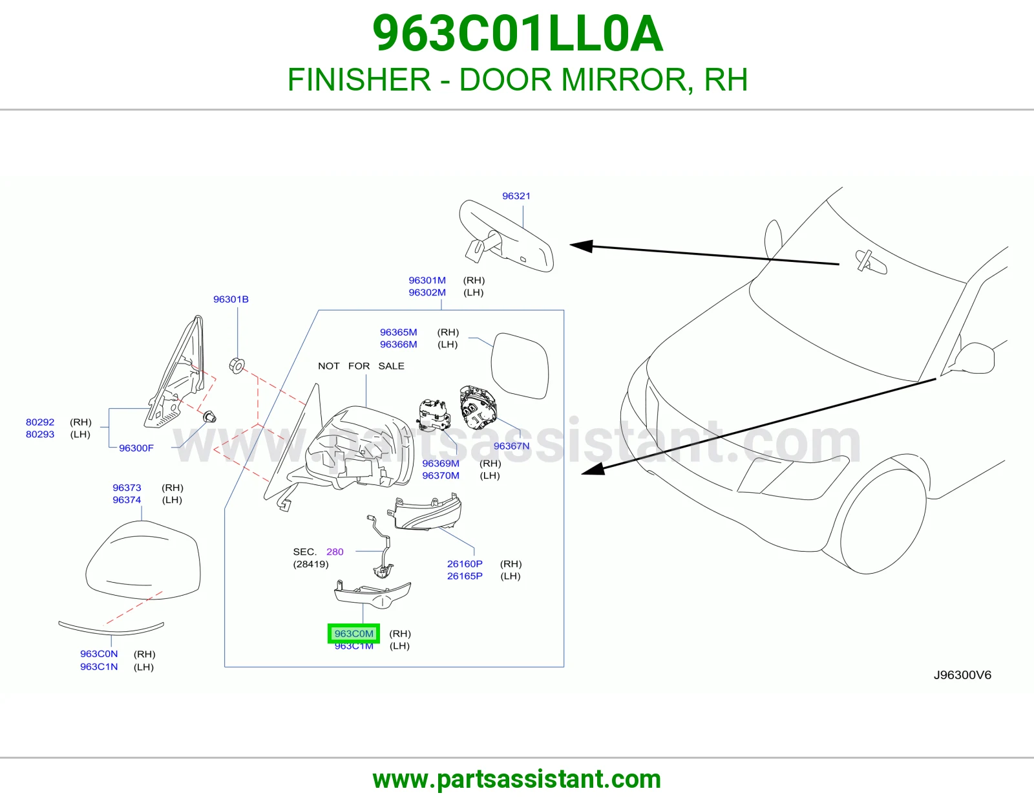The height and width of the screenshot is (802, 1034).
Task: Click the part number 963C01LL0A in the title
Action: click(518, 34)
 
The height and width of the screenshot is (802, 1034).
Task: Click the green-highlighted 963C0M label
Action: click(353, 633)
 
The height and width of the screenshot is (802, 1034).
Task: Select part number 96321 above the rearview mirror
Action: click(516, 196)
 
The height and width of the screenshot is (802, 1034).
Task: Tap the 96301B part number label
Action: click(231, 299)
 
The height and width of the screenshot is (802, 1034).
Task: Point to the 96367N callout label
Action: click(511, 446)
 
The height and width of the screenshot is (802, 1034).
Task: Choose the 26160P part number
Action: click(465, 563)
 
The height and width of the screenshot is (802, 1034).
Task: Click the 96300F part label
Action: click(136, 448)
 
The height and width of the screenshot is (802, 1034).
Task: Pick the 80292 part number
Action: click(40, 422)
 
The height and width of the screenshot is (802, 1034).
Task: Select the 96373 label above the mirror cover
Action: click(127, 488)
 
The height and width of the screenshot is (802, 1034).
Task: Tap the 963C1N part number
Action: click(99, 666)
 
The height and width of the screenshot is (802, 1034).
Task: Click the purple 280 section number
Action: click(335, 552)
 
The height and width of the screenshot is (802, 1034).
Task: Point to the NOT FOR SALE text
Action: click(361, 366)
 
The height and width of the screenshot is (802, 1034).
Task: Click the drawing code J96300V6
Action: click(962, 675)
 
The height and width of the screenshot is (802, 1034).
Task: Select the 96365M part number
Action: click(398, 332)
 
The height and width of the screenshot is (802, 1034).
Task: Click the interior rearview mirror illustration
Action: click(506, 236)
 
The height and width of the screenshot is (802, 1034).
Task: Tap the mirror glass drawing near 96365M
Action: click(520, 366)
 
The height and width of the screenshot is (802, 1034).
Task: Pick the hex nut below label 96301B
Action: click(237, 365)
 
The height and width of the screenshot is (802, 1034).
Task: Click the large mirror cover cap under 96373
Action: click(143, 559)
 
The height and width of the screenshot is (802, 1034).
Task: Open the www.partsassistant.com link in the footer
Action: click(517, 779)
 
